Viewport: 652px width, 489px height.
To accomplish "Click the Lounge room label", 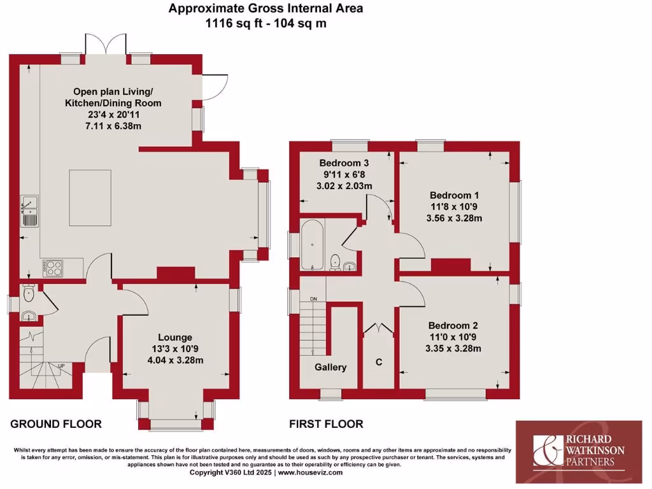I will (x=175, y=337).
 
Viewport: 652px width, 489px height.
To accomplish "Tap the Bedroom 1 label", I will (x=454, y=195).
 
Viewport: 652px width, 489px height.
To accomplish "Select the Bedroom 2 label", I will (x=454, y=323).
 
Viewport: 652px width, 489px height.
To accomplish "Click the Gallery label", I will (x=330, y=367).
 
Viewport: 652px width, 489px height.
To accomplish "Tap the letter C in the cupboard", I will (x=379, y=362).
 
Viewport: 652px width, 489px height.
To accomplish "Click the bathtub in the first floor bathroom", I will (x=312, y=244).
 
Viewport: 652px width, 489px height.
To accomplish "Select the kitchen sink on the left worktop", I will (x=29, y=211).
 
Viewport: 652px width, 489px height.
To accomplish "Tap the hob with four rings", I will (x=53, y=267).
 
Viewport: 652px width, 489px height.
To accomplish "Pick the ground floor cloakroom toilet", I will (x=28, y=295).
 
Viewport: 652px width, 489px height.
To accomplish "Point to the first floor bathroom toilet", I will (x=335, y=261).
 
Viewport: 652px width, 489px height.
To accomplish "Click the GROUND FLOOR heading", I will (x=56, y=424).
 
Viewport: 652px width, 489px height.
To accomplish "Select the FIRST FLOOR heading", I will (x=326, y=424).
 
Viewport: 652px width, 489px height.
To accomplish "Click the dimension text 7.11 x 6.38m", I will (x=117, y=127).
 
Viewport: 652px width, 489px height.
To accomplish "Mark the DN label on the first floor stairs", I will (x=313, y=299).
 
